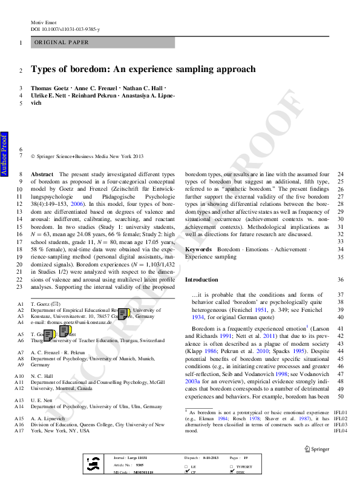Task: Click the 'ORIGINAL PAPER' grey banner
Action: point(102,42)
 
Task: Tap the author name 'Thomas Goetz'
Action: point(51,88)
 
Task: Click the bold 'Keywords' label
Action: point(198,249)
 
